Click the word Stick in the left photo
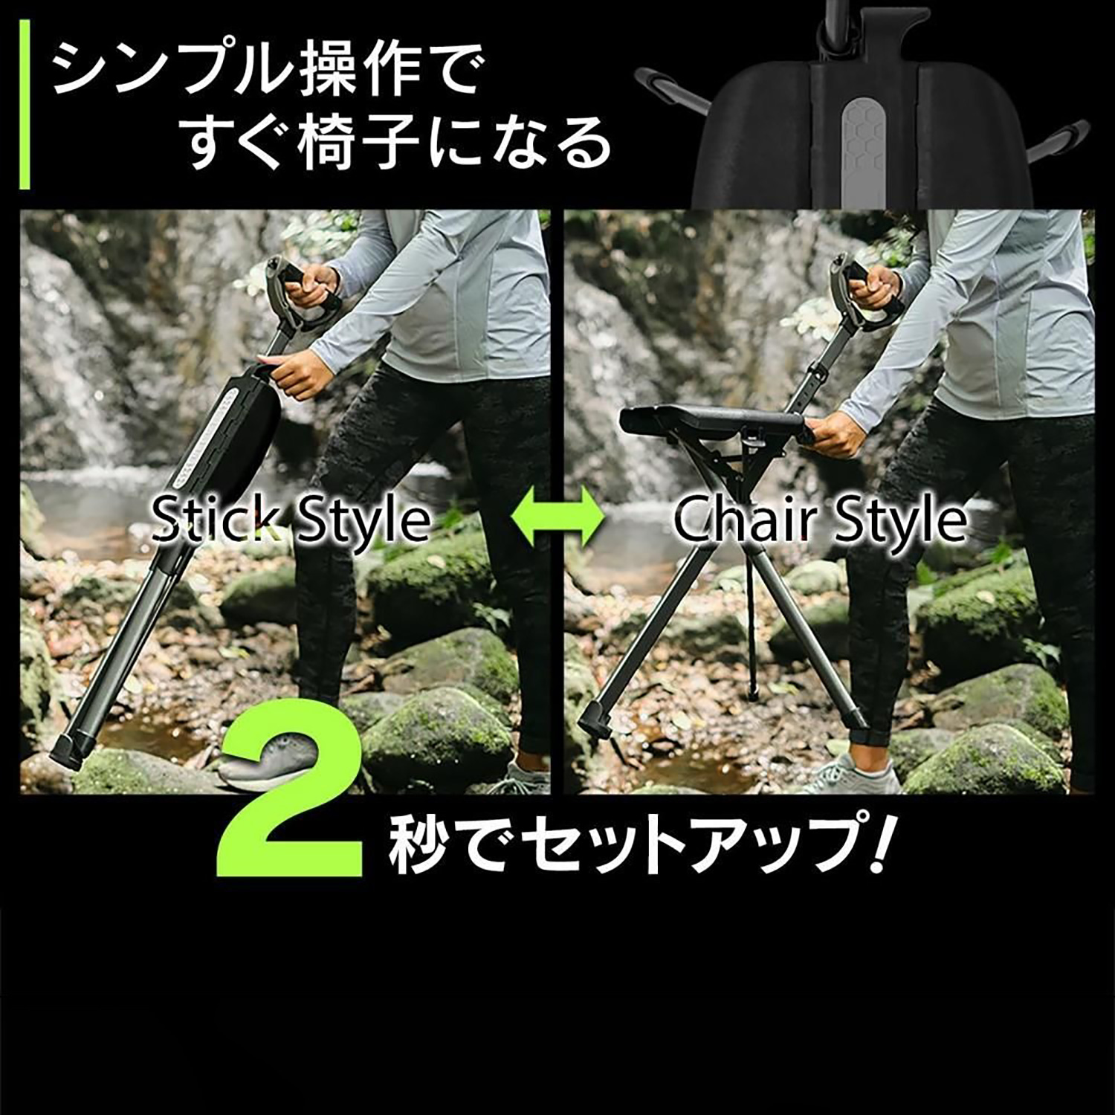[x=216, y=520]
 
